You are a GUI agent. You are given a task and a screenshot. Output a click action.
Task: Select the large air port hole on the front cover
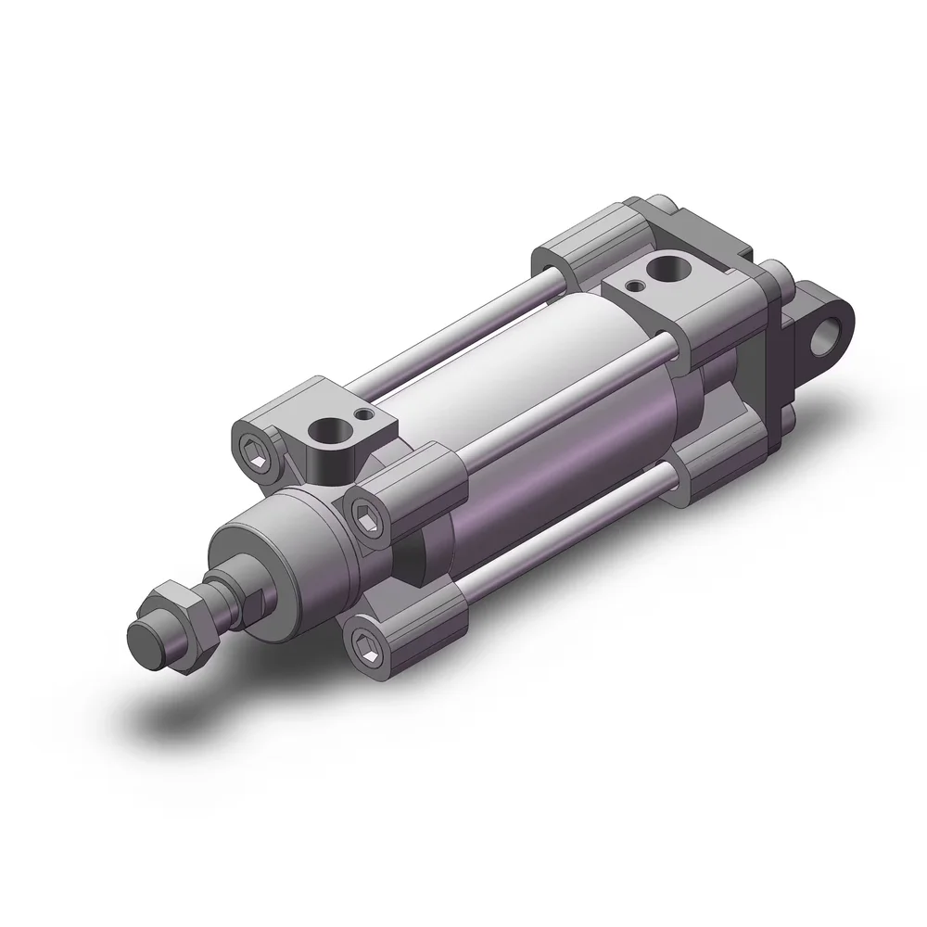pyautogui.click(x=329, y=431)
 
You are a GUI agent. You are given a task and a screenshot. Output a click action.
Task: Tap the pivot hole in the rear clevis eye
pyautogui.click(x=828, y=339)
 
